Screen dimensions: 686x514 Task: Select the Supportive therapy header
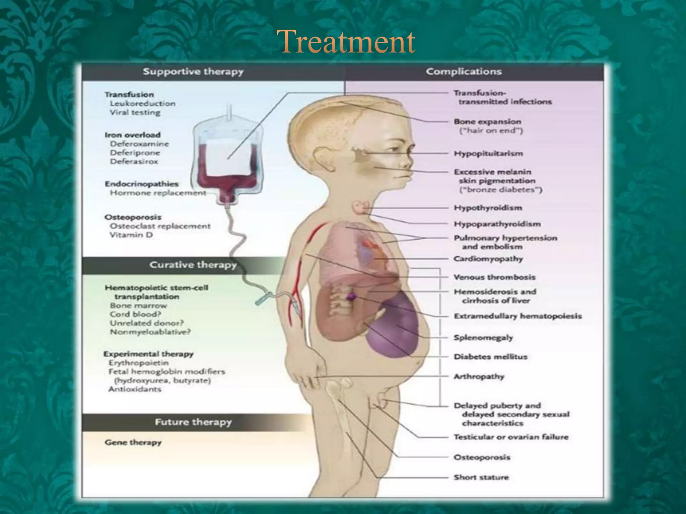[193, 72]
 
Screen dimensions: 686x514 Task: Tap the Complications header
[464, 72]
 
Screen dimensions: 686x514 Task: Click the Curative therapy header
[193, 265]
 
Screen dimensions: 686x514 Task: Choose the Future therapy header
[193, 422]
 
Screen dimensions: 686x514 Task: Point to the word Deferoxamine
[139, 144]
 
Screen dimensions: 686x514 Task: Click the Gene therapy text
[133, 442]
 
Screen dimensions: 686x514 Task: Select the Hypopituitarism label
[488, 154]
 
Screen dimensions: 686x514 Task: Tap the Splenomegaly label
[483, 338]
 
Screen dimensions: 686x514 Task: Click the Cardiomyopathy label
[488, 259]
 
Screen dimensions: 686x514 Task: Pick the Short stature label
[481, 477]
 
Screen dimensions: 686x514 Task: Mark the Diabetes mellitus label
[490, 357]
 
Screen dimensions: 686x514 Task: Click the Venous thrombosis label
[494, 277]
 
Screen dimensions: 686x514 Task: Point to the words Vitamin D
[131, 235]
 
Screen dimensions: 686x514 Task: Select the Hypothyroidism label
[488, 208]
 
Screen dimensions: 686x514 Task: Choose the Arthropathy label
[479, 376]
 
